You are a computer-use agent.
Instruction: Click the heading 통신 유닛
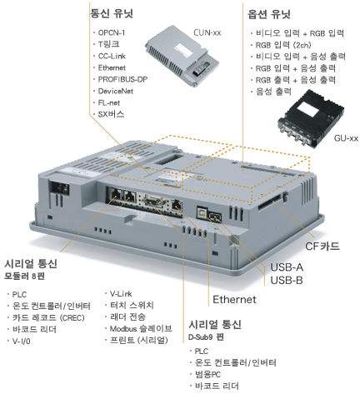[112, 13]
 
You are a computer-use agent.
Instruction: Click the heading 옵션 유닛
[269, 14]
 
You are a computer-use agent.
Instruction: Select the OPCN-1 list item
[112, 32]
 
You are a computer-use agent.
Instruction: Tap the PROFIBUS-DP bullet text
[122, 79]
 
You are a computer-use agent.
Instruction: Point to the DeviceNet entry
[116, 91]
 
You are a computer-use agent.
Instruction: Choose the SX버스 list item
[111, 114]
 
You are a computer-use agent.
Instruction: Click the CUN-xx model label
[207, 32]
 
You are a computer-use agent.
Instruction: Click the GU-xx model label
[346, 138]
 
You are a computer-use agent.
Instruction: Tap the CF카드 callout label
[322, 246]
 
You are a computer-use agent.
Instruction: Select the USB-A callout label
[287, 267]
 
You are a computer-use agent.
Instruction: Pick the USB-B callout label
[287, 280]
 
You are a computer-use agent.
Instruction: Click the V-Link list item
[121, 293]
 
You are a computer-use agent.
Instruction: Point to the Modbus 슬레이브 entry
[141, 329]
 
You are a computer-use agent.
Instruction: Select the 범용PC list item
[207, 374]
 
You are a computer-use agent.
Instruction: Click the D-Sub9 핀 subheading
[206, 337]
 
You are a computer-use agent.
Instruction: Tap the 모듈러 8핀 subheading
[24, 276]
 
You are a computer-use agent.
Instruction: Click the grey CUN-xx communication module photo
[182, 56]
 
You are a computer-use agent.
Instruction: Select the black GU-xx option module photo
[311, 119]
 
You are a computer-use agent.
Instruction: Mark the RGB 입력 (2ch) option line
[283, 45]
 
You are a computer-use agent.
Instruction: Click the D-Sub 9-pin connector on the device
[153, 202]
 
